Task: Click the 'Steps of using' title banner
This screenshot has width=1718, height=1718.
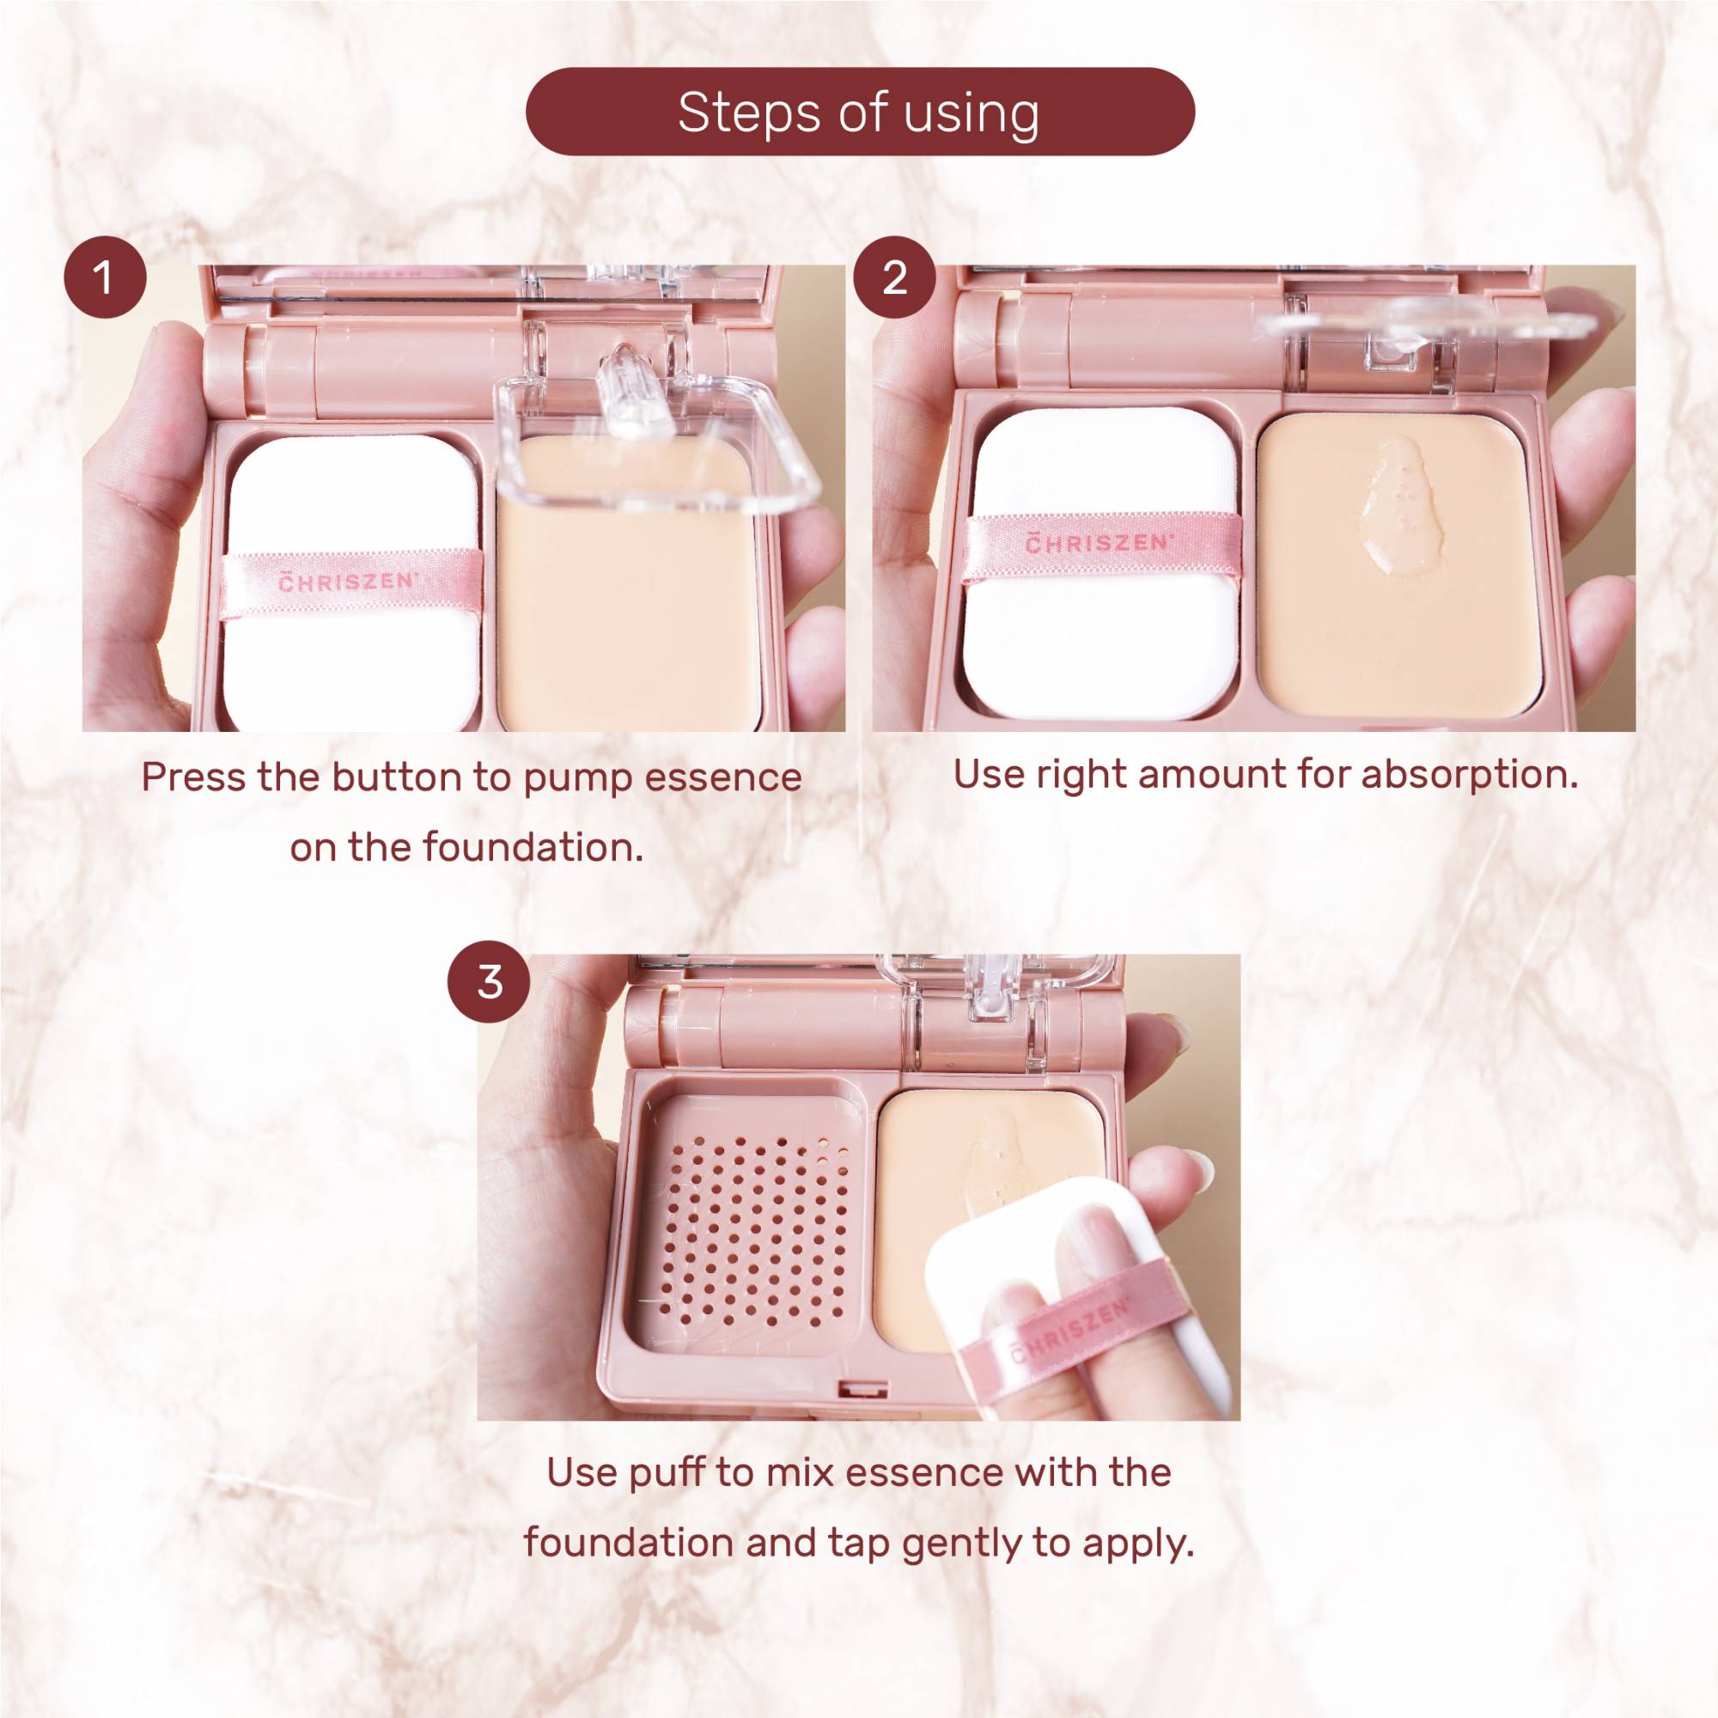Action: [x=859, y=113]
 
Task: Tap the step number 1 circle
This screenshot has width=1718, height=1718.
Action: [x=105, y=278]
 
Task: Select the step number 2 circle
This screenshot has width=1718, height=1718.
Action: [x=894, y=278]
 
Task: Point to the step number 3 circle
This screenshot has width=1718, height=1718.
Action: [x=490, y=983]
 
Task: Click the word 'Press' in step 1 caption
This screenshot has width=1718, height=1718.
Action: [x=194, y=778]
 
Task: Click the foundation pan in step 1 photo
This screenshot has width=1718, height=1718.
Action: [x=627, y=605]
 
